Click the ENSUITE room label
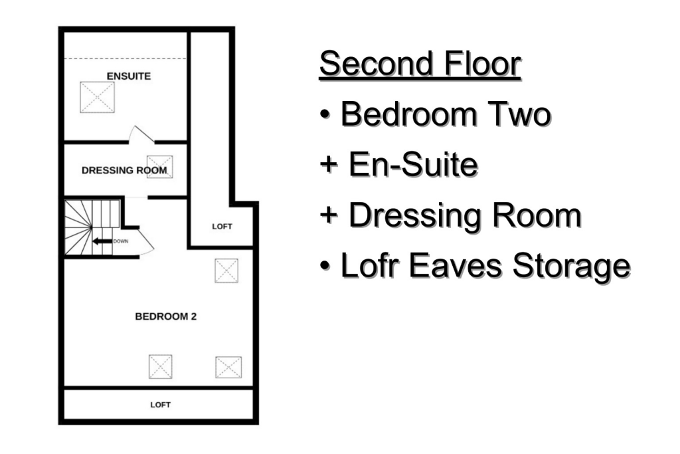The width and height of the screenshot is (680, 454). pyautogui.click(x=128, y=76)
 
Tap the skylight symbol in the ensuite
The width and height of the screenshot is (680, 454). pyautogui.click(x=97, y=98)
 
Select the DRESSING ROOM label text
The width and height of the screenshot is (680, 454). pyautogui.click(x=124, y=170)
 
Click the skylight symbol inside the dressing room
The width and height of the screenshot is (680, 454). pyautogui.click(x=159, y=166)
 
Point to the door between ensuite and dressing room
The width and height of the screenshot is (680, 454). pyautogui.click(x=140, y=135)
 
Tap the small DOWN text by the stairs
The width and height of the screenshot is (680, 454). pyautogui.click(x=120, y=241)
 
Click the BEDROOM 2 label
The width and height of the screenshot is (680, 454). pyautogui.click(x=165, y=316)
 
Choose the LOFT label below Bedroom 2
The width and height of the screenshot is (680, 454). pyautogui.click(x=160, y=405)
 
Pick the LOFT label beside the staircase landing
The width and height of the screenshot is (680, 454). pyautogui.click(x=222, y=227)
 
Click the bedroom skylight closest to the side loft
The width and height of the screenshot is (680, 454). pyautogui.click(x=226, y=271)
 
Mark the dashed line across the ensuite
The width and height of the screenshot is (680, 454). pyautogui.click(x=126, y=58)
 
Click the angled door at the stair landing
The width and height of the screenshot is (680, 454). pyautogui.click(x=146, y=245)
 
